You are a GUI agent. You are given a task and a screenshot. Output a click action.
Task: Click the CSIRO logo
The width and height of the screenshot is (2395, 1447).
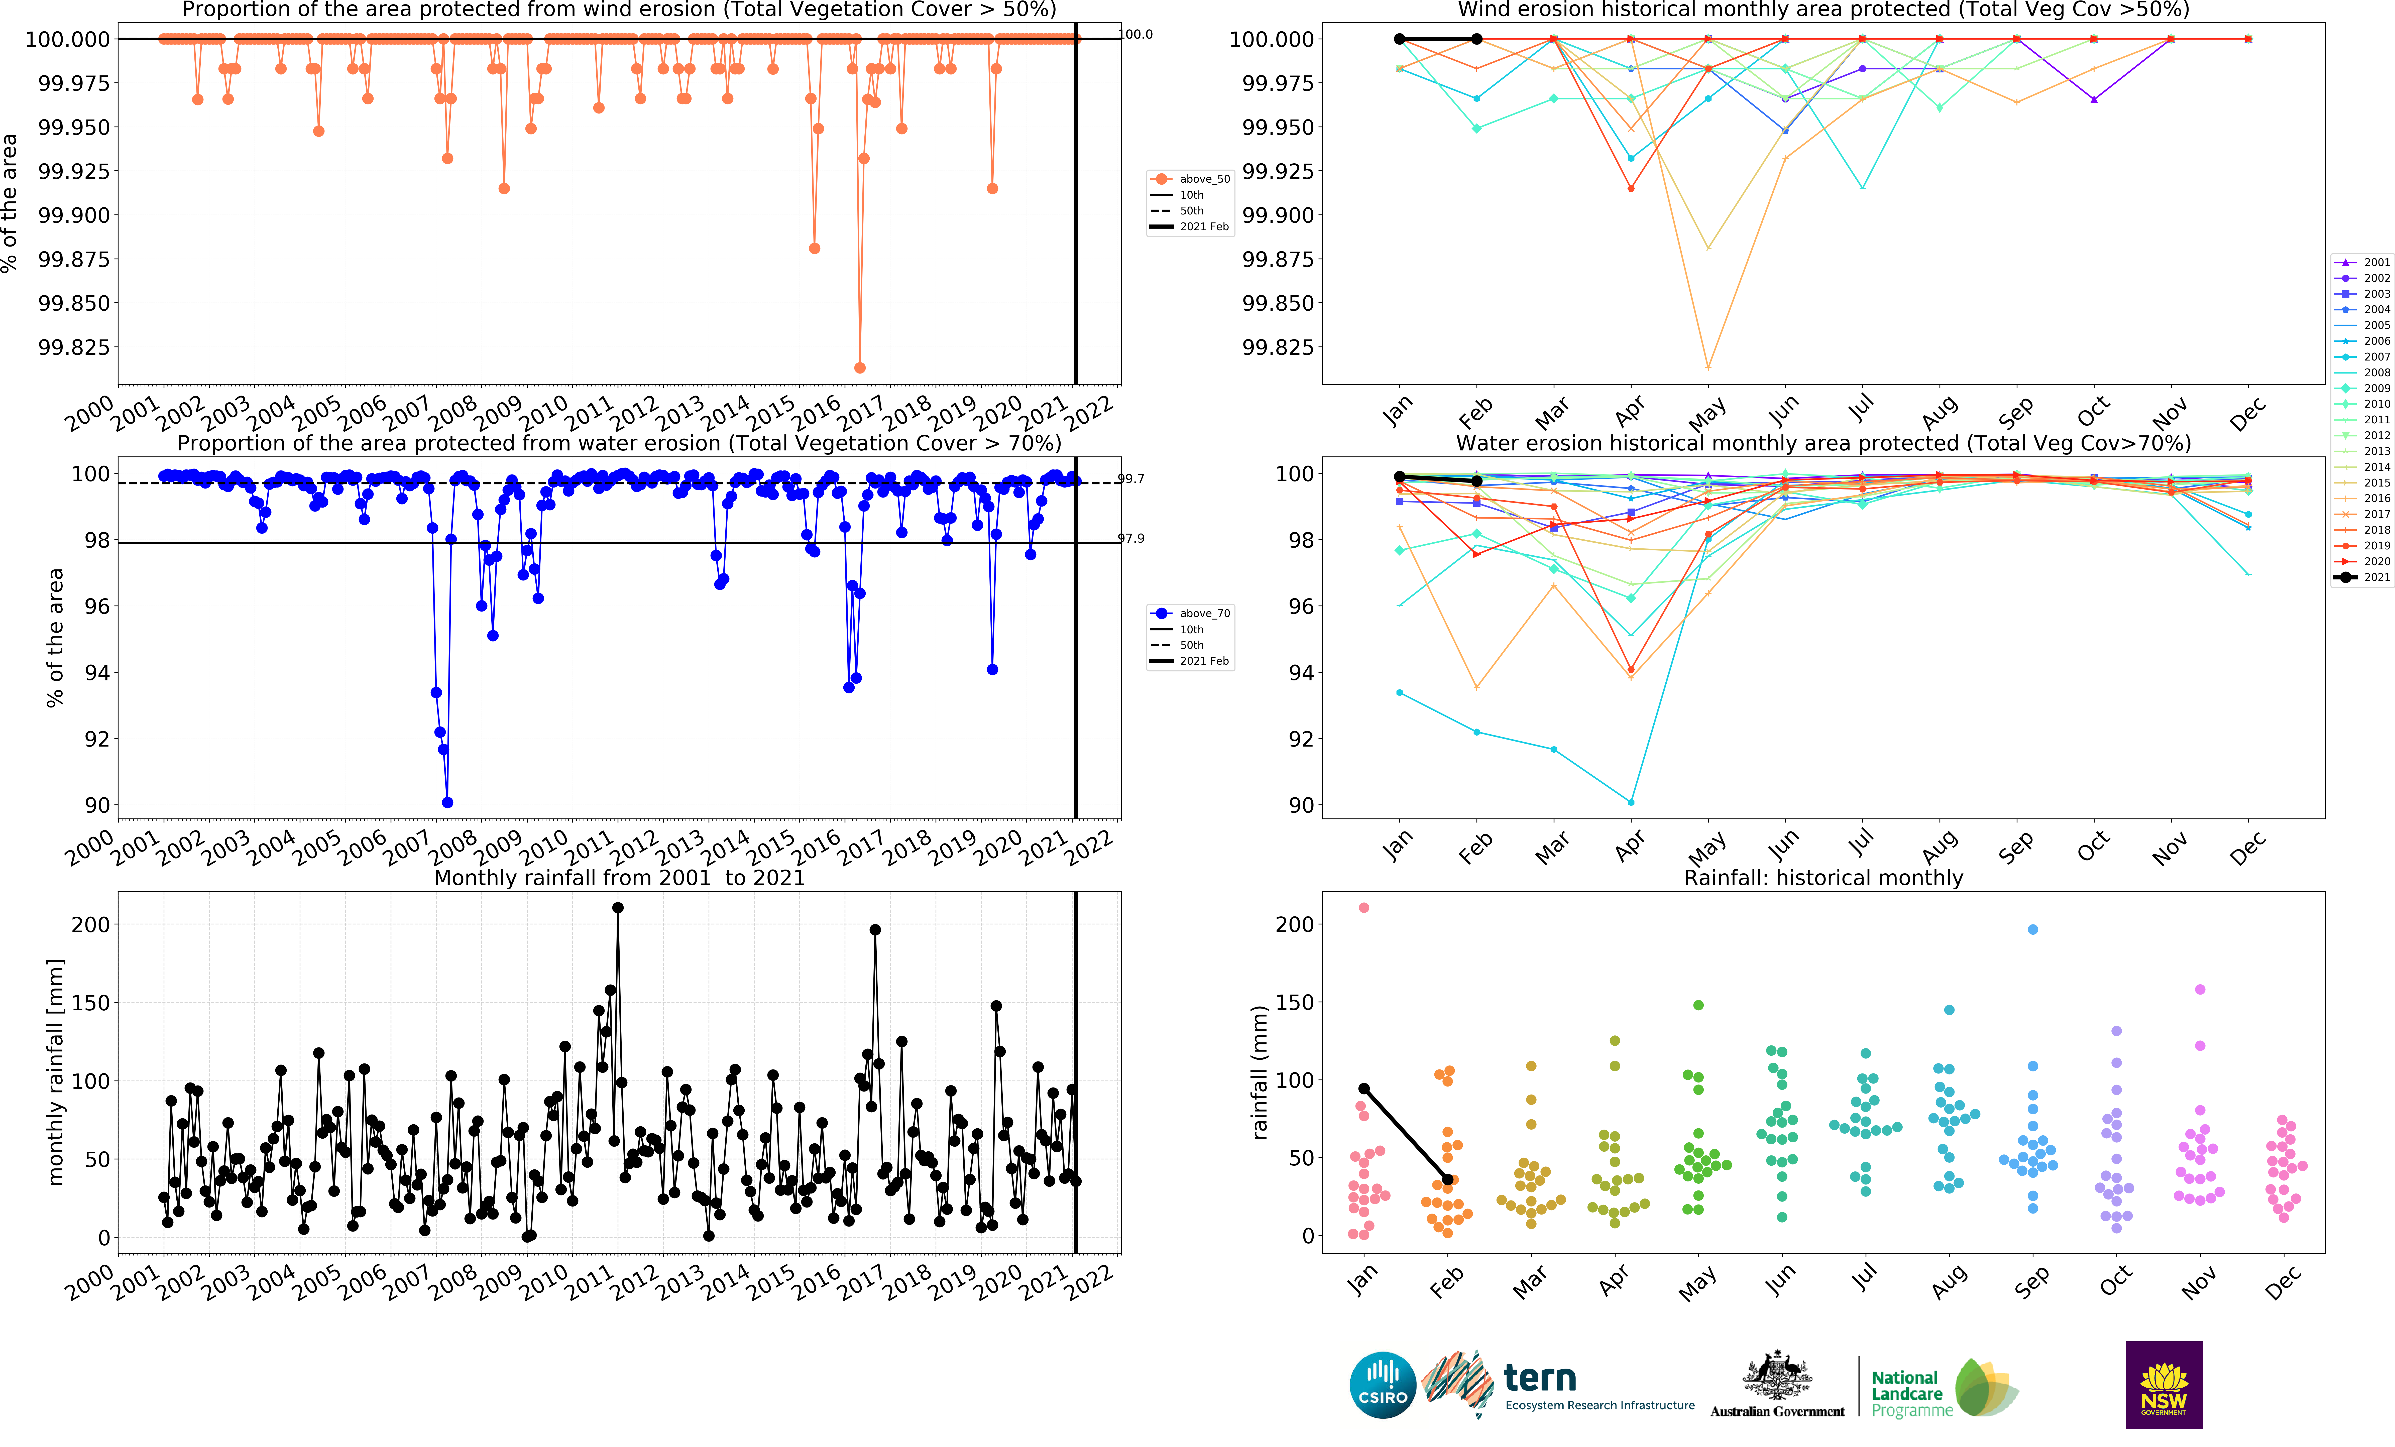[1382, 1385]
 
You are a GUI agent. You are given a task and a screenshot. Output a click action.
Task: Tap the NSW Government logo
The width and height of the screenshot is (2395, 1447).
[2164, 1385]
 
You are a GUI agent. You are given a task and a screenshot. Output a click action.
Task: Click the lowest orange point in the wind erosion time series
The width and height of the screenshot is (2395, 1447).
[859, 367]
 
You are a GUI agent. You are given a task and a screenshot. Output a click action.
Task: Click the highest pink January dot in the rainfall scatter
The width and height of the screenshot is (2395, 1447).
[1364, 908]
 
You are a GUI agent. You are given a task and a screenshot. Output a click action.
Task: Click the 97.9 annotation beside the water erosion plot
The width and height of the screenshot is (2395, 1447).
[1131, 538]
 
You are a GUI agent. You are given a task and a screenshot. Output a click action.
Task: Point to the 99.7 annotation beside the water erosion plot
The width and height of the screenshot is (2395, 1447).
[1131, 479]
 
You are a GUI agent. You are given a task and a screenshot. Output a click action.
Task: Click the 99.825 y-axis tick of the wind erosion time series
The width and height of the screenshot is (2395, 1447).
[74, 347]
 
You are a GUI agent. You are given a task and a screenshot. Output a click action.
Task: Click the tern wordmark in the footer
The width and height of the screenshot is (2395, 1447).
[1540, 1378]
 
